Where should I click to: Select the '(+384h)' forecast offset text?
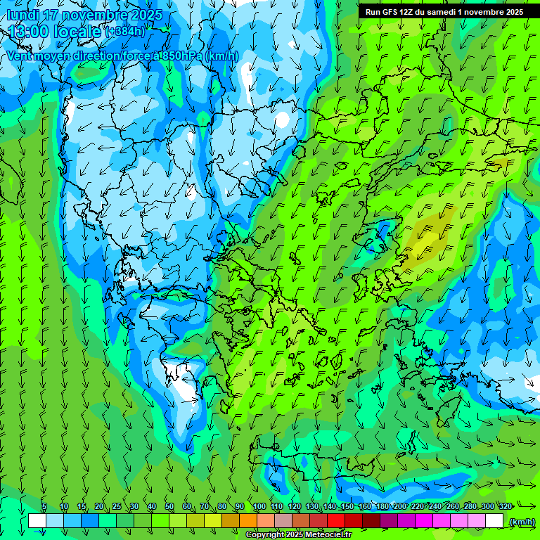126,32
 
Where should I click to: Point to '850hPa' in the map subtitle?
178,56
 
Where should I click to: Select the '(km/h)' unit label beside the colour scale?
522,521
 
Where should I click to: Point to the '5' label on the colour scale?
44,506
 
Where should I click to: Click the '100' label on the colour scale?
259,506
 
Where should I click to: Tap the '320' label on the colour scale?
505,506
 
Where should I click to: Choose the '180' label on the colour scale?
382,506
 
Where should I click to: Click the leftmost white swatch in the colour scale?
37,521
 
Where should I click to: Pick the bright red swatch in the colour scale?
336,521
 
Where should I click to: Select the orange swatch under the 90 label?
248,521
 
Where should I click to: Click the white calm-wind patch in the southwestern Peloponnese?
184,386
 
